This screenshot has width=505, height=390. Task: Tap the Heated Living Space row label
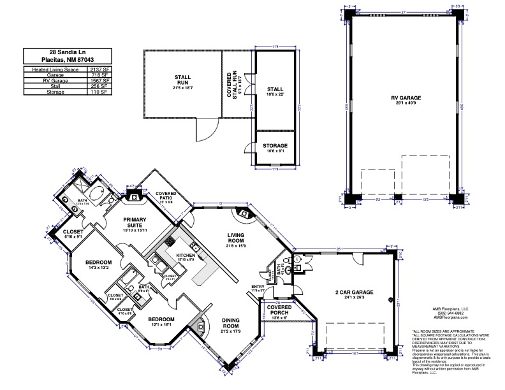54,68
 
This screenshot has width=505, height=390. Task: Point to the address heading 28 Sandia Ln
67,52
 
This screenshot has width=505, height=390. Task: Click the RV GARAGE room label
406,97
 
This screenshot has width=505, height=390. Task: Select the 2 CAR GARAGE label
354,292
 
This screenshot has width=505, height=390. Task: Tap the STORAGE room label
275,146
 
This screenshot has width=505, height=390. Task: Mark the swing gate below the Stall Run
205,131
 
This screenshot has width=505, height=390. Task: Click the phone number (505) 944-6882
453,312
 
